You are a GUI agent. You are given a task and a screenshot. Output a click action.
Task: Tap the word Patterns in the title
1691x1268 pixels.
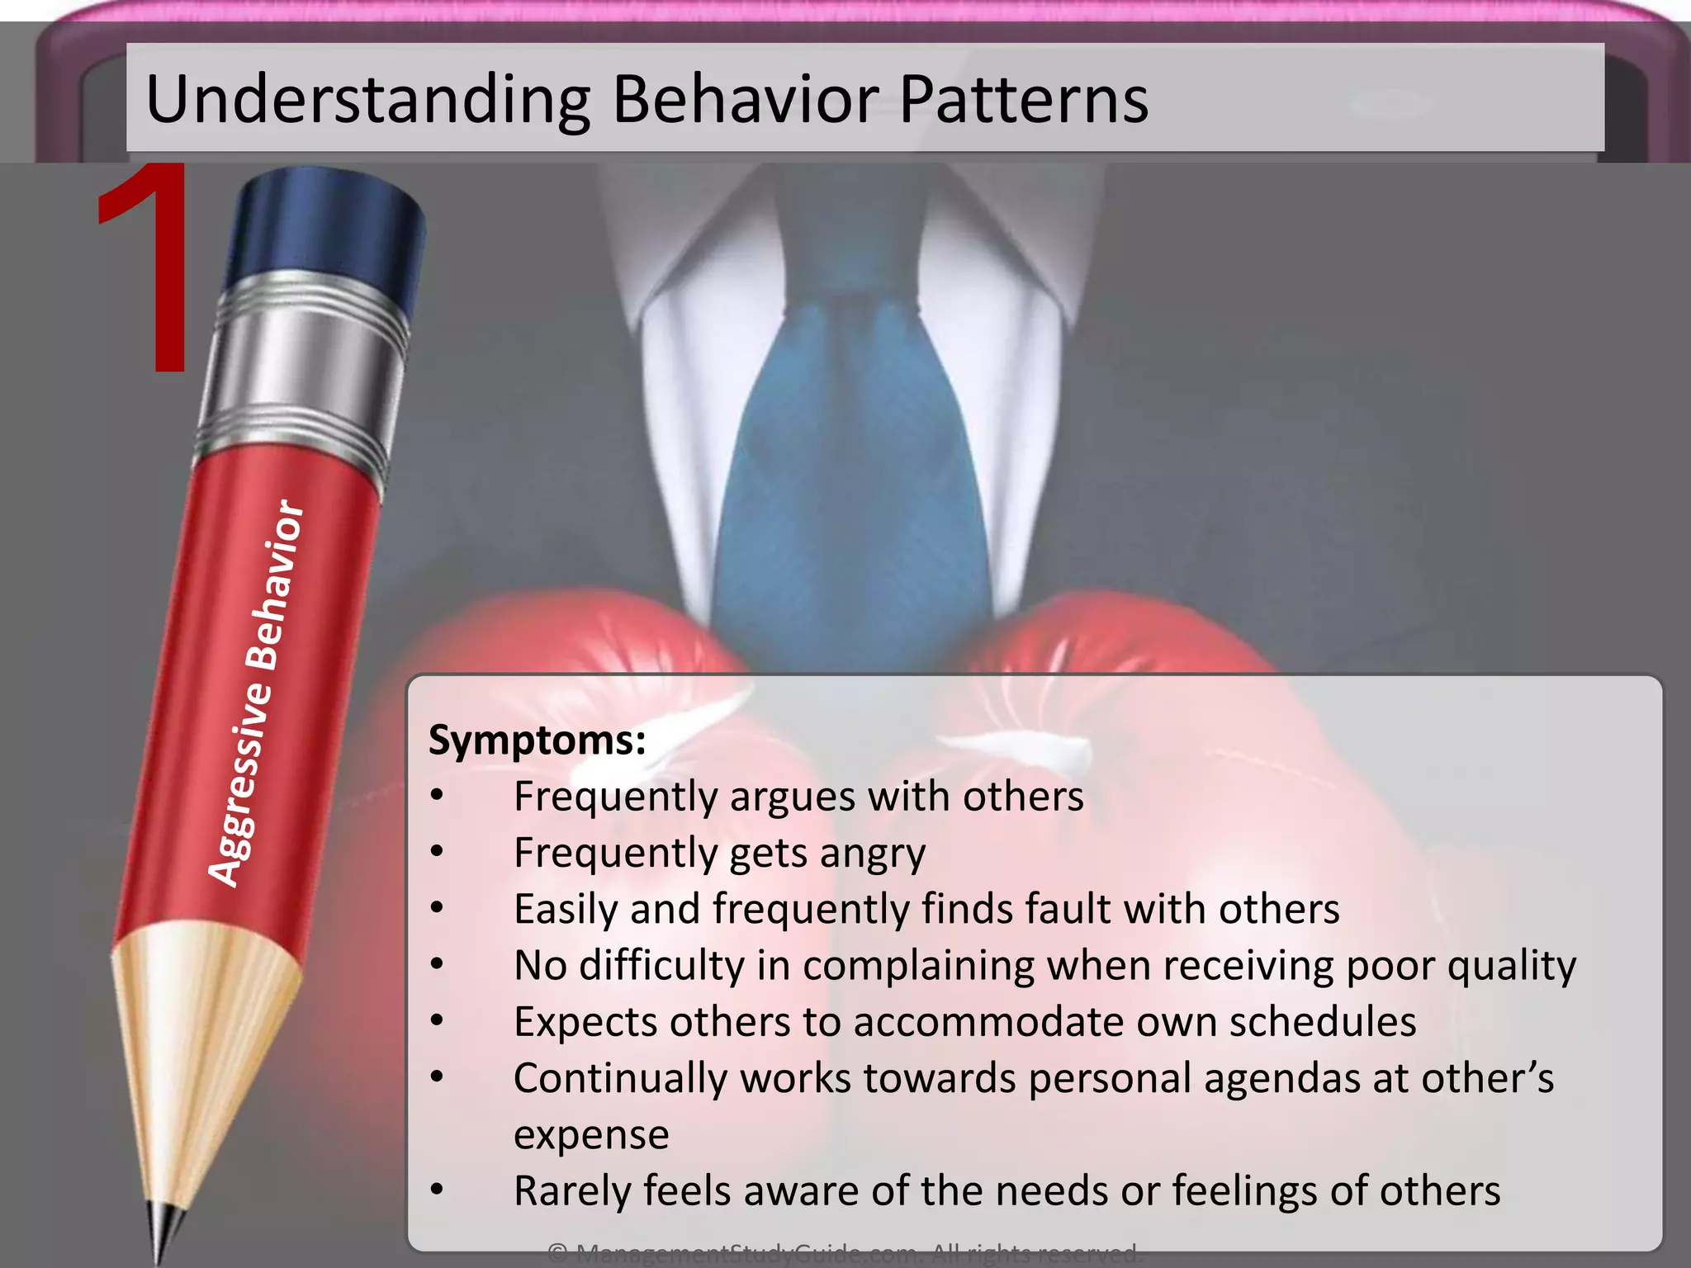[1023, 99]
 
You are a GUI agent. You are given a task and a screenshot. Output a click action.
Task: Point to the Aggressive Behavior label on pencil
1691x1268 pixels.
[255, 693]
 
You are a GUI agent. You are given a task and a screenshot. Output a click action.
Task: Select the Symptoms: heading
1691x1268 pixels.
[537, 740]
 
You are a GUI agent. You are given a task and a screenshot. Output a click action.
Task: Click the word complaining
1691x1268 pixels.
[918, 966]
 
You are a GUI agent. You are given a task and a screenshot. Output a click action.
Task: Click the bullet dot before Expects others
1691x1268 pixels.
[437, 1021]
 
